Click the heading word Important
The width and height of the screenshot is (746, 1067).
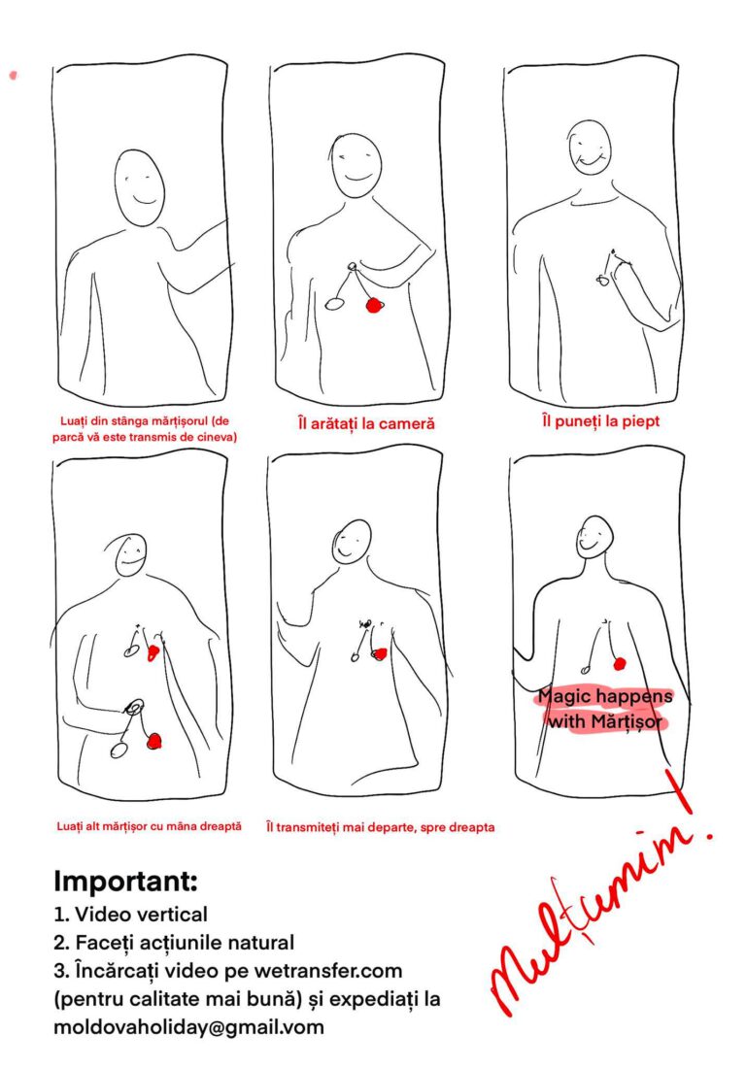pyautogui.click(x=125, y=881)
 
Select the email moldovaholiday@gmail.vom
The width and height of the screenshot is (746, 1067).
pyautogui.click(x=188, y=1027)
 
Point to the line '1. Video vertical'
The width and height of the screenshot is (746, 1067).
pyautogui.click(x=131, y=914)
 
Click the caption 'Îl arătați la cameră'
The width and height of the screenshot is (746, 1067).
pyautogui.click(x=366, y=423)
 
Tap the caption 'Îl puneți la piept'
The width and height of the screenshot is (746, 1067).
pyautogui.click(x=601, y=421)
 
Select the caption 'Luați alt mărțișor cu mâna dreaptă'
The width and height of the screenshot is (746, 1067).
pyautogui.click(x=149, y=826)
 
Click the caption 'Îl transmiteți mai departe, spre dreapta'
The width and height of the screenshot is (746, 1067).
pyautogui.click(x=381, y=827)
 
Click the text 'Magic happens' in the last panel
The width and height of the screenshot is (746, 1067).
pyautogui.click(x=605, y=696)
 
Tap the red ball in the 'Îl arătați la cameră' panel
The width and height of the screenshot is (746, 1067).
pyautogui.click(x=374, y=305)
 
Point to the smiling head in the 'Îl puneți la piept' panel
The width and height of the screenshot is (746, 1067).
pyautogui.click(x=588, y=147)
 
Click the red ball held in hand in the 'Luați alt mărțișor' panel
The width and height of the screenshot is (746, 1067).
pyautogui.click(x=154, y=741)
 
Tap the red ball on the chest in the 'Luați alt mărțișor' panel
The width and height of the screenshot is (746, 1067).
pyautogui.click(x=153, y=653)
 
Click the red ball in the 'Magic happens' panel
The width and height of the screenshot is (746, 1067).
pyautogui.click(x=619, y=663)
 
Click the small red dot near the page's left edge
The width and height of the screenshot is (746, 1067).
pyautogui.click(x=13, y=75)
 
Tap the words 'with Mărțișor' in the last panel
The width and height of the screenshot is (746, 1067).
pyautogui.click(x=605, y=721)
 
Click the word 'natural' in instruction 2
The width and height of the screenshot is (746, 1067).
pyautogui.click(x=260, y=943)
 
